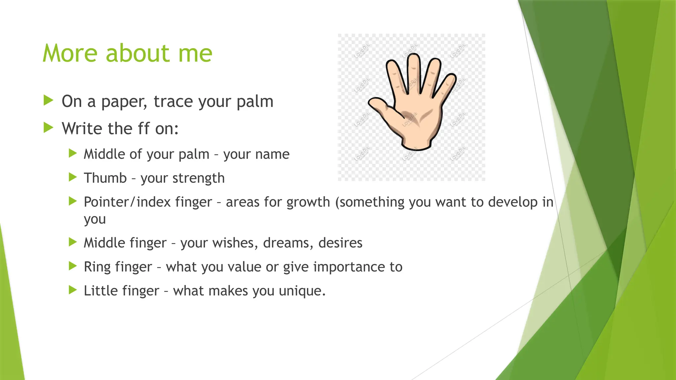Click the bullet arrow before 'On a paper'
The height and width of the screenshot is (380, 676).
48,100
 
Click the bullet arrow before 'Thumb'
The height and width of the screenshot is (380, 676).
73,177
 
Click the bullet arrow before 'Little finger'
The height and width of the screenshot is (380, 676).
73,290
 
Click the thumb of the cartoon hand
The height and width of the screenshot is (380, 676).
380,105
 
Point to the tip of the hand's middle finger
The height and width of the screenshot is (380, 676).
413,59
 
